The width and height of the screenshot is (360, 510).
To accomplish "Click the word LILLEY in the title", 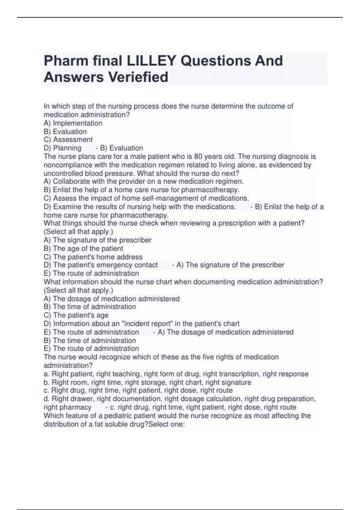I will click(151, 61).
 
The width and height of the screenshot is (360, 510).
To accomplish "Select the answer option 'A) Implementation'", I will click(73, 123).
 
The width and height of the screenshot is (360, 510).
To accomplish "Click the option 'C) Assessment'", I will click(68, 139).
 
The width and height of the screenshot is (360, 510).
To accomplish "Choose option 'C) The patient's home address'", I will click(93, 257).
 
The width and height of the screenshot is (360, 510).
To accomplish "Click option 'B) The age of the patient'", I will click(83, 248).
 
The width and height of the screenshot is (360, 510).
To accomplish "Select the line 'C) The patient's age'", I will click(76, 315).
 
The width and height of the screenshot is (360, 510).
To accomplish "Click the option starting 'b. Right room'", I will click(147, 382).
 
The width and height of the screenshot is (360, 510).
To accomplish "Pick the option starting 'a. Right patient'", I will click(176, 374).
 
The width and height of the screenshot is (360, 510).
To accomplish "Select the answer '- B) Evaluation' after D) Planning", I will click(119, 148).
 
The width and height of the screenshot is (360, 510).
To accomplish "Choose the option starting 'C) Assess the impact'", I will click(146, 198).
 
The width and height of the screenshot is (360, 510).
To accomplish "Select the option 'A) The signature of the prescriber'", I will click(97, 240).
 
